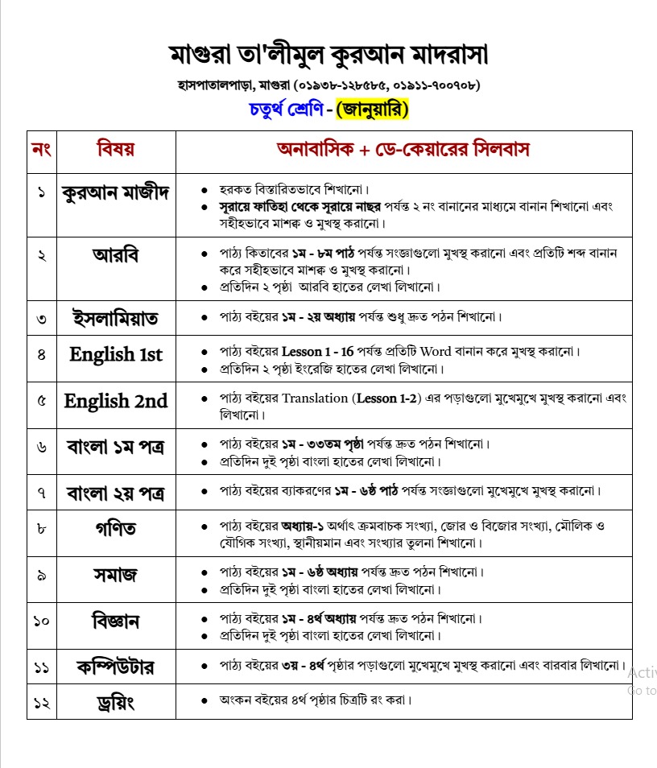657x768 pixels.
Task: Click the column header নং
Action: coord(41,150)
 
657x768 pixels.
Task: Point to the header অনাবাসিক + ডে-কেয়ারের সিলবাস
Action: coord(403,150)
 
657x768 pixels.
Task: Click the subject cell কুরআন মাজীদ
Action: coord(115,194)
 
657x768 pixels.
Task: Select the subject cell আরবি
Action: coord(115,257)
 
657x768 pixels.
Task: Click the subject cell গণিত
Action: coord(115,529)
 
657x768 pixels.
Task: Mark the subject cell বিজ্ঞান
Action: coord(115,621)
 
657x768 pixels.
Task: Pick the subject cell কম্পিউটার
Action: coord(115,667)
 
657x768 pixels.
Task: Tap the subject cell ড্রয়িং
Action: coord(115,703)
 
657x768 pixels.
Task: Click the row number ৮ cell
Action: coord(41,529)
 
